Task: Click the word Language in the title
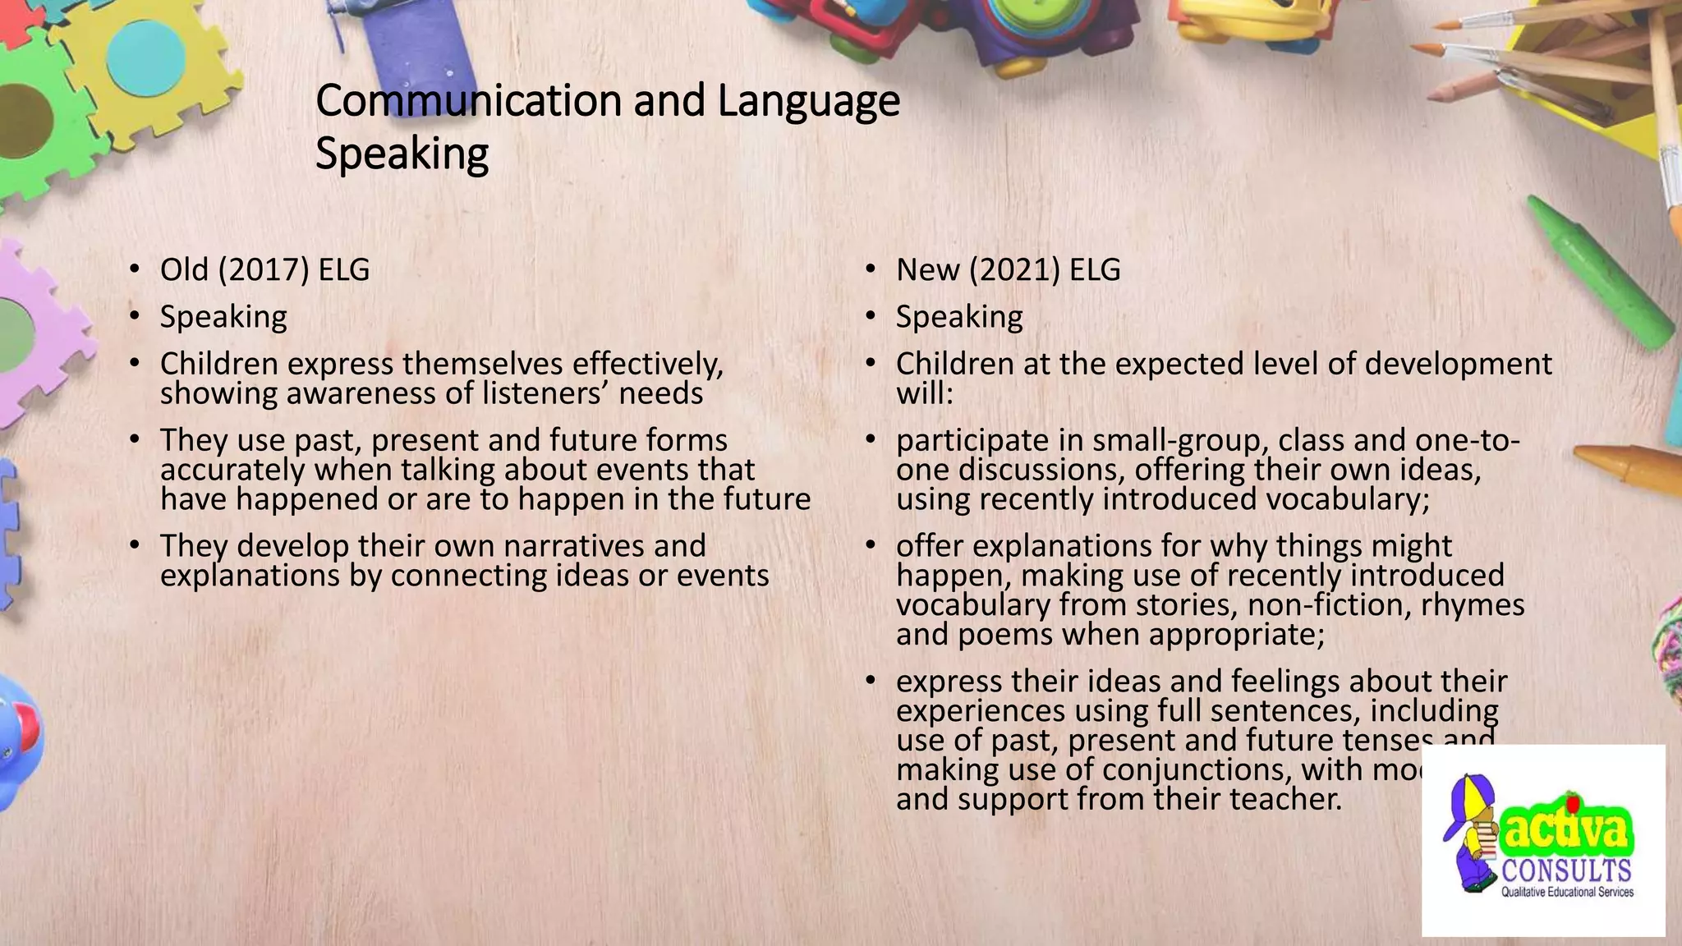(808, 101)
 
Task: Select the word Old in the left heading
(184, 270)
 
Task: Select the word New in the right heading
(927, 270)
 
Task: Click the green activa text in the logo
(1565, 831)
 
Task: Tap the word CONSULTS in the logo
(1566, 871)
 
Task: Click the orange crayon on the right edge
(1630, 468)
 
